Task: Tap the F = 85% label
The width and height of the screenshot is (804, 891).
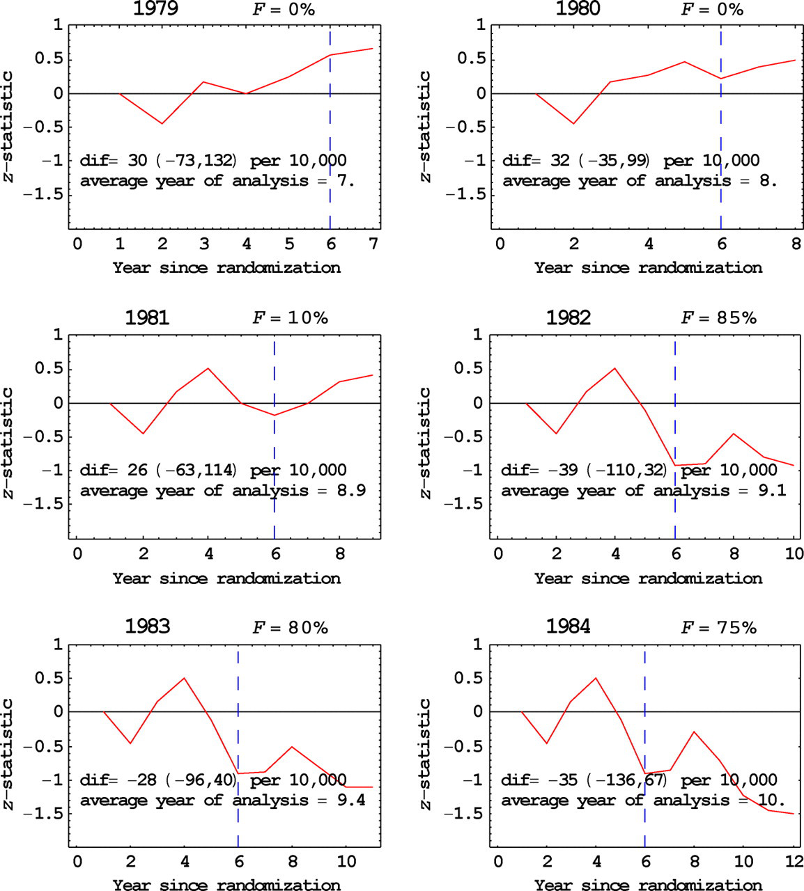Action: (x=718, y=317)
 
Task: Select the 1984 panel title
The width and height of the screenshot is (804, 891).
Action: (x=569, y=626)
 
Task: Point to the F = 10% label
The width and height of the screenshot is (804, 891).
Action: (x=291, y=317)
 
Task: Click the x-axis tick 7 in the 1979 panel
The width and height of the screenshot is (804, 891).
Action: (x=373, y=244)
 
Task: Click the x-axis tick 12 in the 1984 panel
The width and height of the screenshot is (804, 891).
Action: (x=794, y=862)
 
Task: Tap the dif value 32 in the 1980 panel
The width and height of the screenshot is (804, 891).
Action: (x=560, y=160)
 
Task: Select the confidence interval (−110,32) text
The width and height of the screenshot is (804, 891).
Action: (x=627, y=470)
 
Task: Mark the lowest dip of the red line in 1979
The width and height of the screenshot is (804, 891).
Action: (x=162, y=123)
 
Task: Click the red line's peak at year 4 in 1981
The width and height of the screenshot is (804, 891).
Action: (x=208, y=368)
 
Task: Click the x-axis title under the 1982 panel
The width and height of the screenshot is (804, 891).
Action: (x=649, y=578)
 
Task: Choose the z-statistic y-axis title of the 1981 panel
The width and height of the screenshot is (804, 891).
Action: (x=8, y=443)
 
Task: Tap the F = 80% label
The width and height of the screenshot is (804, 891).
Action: (x=291, y=628)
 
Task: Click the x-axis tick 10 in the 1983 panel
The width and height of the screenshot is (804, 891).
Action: (x=346, y=862)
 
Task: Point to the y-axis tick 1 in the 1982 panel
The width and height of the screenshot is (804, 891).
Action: (x=478, y=334)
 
